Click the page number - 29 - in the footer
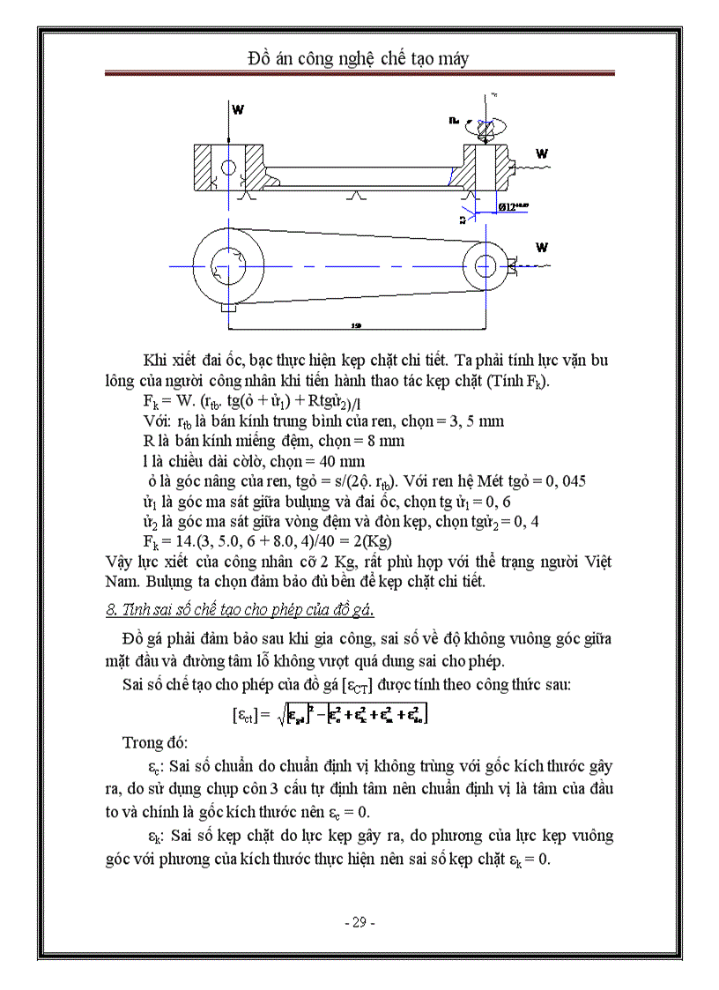coord(359,922)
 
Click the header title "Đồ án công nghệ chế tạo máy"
coord(359,59)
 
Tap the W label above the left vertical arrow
coord(238,109)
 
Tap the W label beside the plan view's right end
coord(541,247)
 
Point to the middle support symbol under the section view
coord(355,196)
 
